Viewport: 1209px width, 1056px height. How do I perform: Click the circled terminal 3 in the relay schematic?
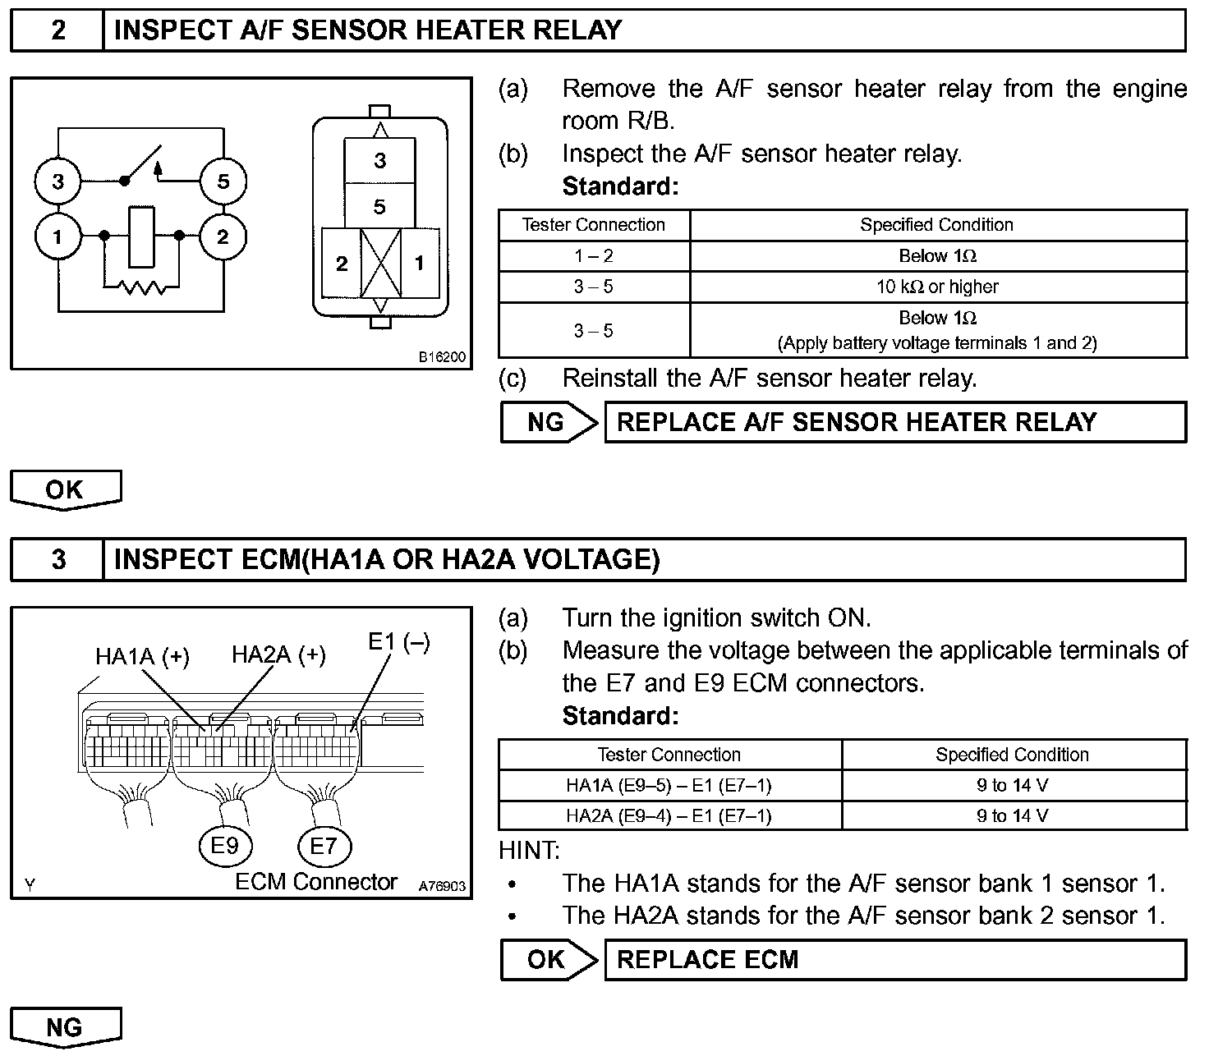[x=57, y=181]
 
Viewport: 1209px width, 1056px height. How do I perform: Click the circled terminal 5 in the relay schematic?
[x=223, y=181]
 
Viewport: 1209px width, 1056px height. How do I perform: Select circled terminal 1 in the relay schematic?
[x=57, y=238]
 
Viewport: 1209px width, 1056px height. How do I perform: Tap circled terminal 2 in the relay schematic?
[x=223, y=238]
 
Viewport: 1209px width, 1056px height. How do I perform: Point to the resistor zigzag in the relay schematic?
[x=142, y=287]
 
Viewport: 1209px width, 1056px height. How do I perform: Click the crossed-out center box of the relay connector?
[x=380, y=263]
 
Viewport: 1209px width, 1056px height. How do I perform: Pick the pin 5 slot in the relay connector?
[x=379, y=206]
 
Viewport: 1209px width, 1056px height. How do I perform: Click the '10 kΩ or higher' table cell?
[x=937, y=287]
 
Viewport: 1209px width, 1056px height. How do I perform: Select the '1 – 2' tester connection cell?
[x=593, y=255]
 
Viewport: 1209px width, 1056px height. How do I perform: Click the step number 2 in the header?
[x=57, y=30]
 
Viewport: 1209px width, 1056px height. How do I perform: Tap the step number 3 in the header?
[x=57, y=559]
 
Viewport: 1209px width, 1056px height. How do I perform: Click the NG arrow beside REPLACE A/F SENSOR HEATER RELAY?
[x=548, y=422]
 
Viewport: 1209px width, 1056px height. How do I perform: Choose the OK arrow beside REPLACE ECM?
[x=548, y=959]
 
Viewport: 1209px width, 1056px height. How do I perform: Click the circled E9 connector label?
[x=224, y=845]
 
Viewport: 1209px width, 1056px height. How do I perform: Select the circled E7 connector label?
[x=324, y=845]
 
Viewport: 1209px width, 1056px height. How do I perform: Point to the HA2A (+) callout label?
[x=278, y=654]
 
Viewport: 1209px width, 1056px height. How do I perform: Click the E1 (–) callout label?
[x=398, y=642]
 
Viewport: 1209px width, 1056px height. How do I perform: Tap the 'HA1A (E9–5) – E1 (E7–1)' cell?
[x=669, y=785]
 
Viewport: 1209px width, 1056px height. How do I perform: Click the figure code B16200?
[x=442, y=357]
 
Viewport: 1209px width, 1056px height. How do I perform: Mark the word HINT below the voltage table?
[x=529, y=850]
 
